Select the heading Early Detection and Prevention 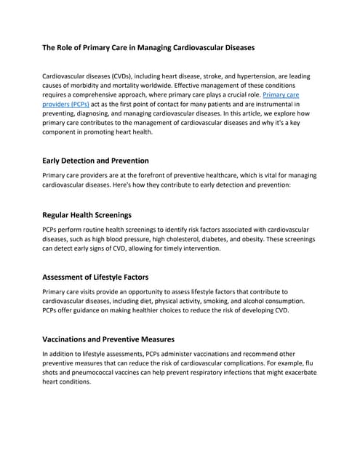pos(96,160)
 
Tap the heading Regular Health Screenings pos(87,215)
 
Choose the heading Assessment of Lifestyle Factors pos(95,277)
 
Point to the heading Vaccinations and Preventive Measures pos(108,339)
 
